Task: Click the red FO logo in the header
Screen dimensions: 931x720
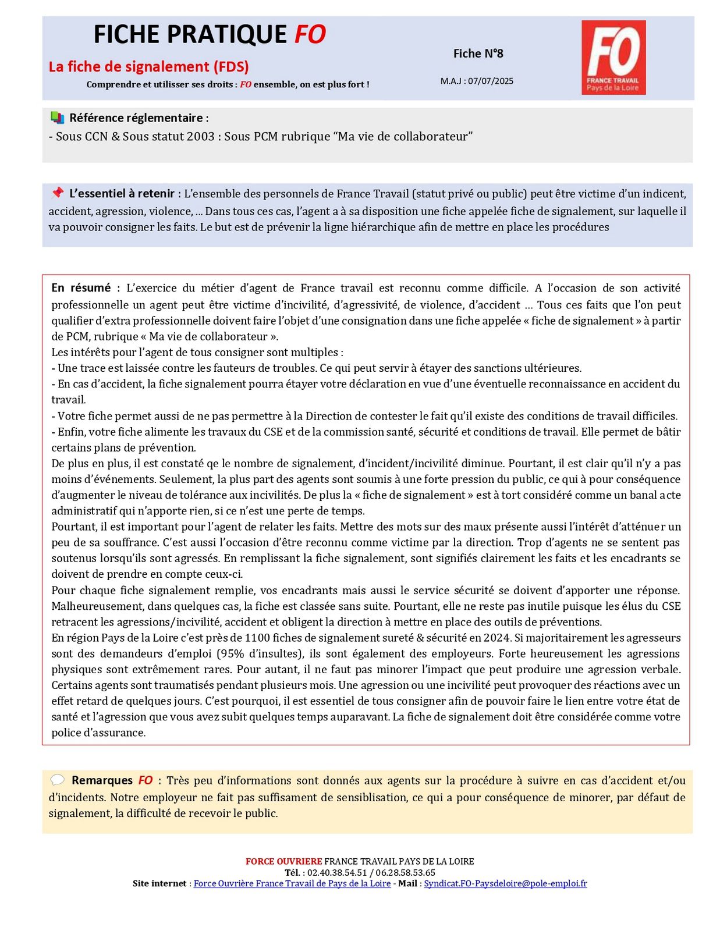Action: pos(613,57)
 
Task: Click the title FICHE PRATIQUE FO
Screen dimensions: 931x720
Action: pos(210,35)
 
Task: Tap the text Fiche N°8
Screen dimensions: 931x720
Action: pos(478,54)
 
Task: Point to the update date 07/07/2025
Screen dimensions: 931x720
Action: pos(491,81)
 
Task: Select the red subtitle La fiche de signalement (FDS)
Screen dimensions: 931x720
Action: pos(148,67)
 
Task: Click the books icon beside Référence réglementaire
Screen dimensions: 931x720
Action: pos(57,118)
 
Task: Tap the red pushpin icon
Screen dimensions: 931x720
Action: pos(57,193)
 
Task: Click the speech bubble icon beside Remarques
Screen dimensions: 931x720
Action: pos(57,780)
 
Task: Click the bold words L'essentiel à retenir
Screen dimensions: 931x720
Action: pos(122,194)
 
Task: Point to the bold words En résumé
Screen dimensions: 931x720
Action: pos(81,288)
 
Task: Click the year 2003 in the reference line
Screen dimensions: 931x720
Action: pos(201,137)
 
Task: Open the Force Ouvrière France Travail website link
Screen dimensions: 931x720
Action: pos(292,883)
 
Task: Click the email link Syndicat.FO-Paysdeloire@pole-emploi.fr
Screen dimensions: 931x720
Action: pos(505,883)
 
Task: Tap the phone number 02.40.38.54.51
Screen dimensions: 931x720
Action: pos(337,872)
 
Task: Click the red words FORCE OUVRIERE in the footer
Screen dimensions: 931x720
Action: pos(283,861)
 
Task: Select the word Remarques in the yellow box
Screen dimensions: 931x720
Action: pos(102,780)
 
